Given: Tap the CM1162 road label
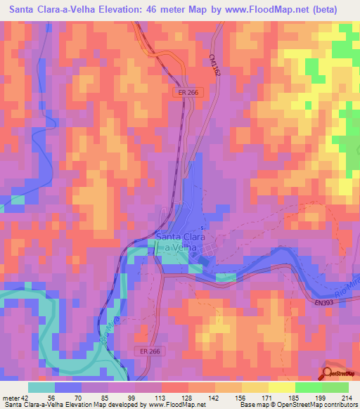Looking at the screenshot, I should pyautogui.click(x=214, y=67).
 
